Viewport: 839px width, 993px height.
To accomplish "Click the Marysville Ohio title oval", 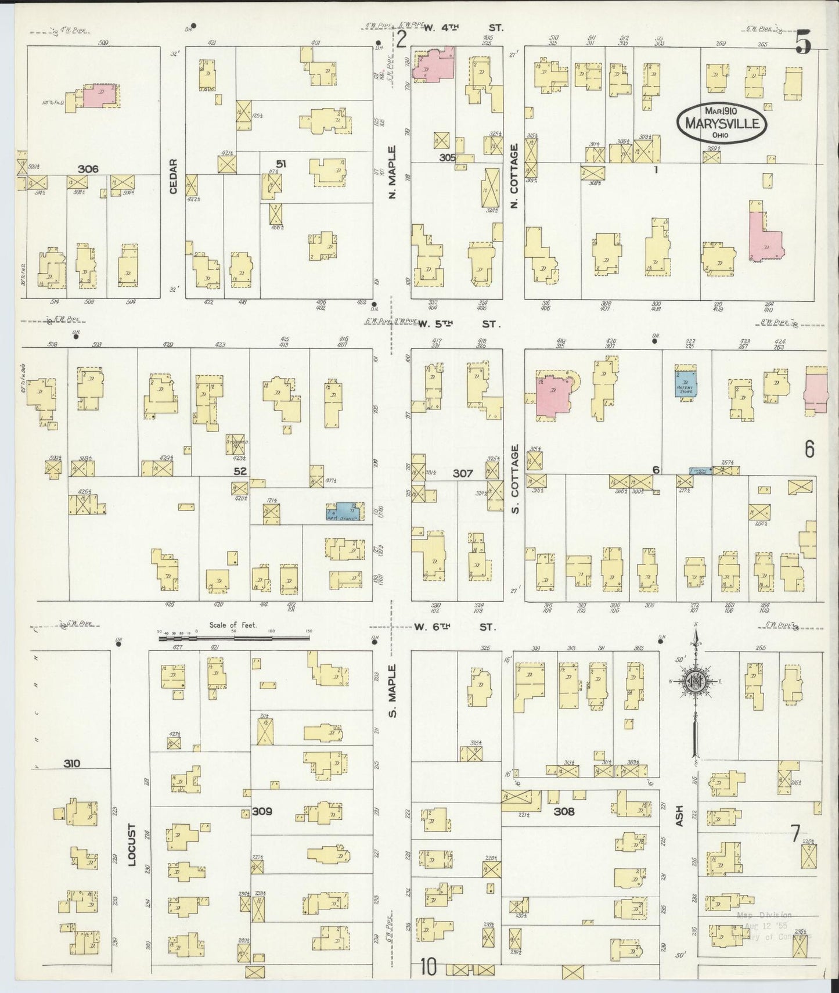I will click(721, 123).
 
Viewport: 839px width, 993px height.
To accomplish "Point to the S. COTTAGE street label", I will click(514, 479).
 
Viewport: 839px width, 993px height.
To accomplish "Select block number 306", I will click(88, 169).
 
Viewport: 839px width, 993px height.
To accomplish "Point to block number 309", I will click(262, 811).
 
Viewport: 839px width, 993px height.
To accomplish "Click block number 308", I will click(563, 811).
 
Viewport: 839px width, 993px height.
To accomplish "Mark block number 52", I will click(240, 472).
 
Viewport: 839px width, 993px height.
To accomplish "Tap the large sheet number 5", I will click(803, 42).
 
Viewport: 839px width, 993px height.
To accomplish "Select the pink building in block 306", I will click(99, 96).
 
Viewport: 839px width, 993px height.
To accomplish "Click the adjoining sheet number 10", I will click(428, 968).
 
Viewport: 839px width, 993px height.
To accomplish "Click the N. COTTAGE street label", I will click(514, 176).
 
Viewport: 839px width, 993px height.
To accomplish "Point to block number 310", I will click(73, 764).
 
